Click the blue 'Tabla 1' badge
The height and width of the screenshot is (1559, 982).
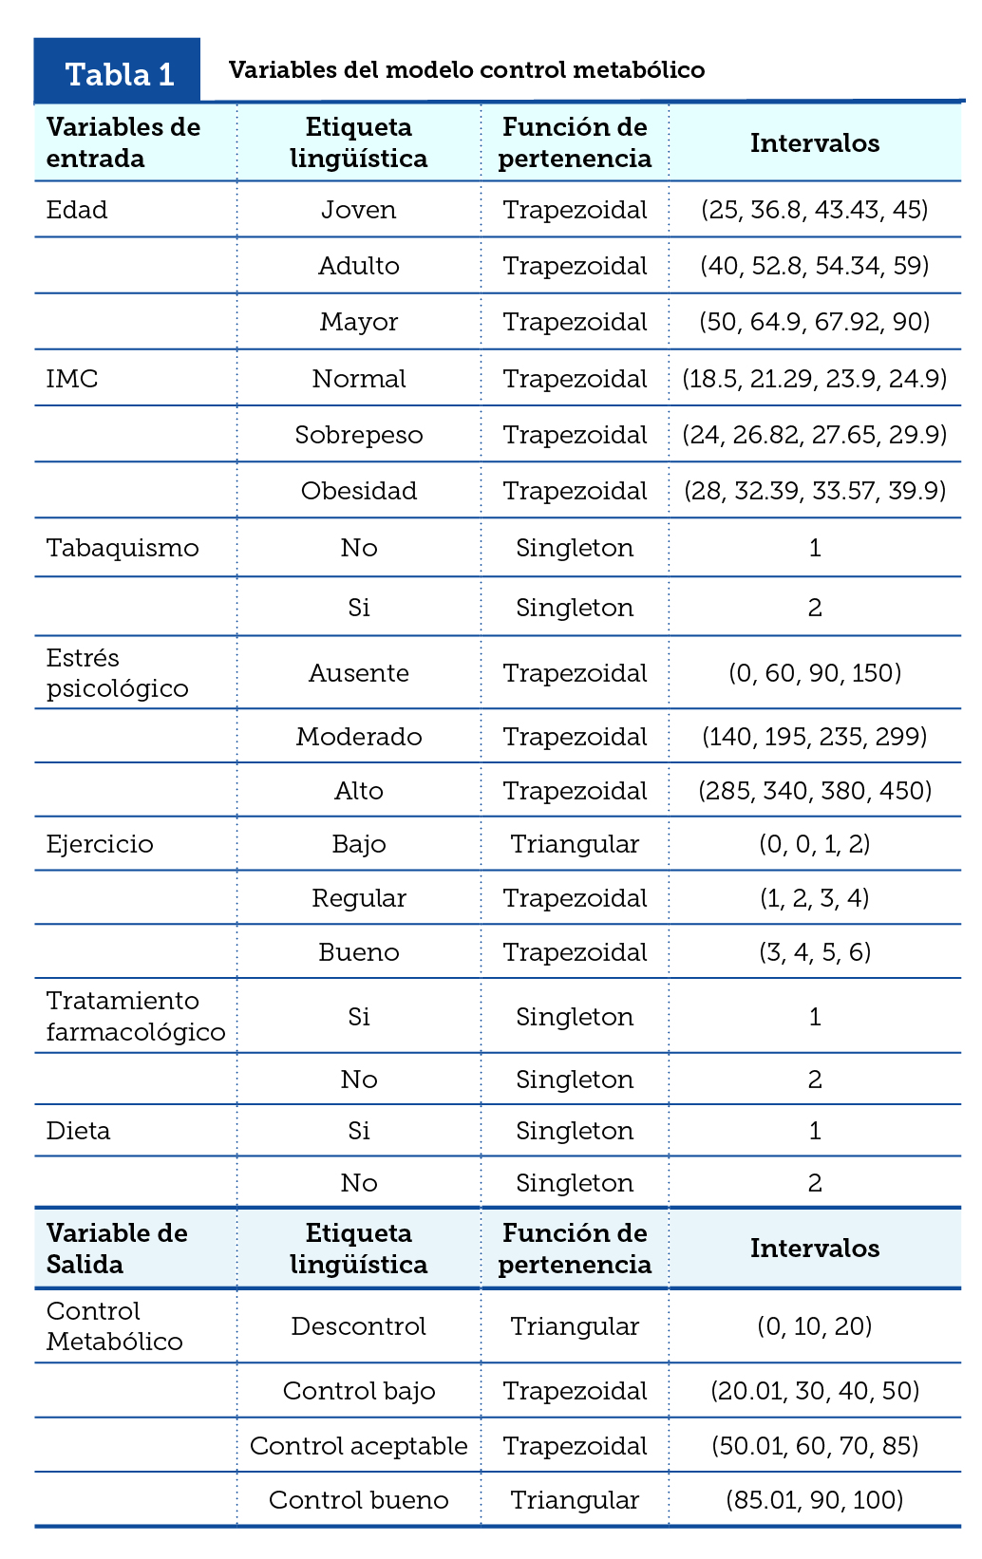coord(119,73)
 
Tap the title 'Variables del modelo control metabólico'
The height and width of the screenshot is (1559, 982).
coord(466,70)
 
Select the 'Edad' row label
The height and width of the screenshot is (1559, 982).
coord(77,210)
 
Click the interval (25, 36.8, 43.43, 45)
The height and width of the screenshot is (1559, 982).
coord(814,210)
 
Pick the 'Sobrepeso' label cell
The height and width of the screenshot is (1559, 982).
coord(358,435)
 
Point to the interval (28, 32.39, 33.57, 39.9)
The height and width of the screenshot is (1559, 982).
coord(814,491)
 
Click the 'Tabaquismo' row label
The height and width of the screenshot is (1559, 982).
coord(123,548)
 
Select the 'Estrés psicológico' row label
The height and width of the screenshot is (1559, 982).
coord(117,673)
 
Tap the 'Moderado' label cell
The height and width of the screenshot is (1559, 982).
coord(358,737)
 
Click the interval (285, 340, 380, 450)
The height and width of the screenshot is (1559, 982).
coord(814,791)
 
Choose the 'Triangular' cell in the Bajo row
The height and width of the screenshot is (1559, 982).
coord(575,844)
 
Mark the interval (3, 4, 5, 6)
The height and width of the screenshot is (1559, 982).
coord(814,952)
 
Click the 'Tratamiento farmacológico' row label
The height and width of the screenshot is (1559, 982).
coord(136,1017)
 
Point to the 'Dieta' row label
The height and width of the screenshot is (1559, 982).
coord(78,1131)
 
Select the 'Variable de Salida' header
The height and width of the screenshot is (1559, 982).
coord(117,1249)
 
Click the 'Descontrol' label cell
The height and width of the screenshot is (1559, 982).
coord(358,1326)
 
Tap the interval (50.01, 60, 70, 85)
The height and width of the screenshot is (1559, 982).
coord(814,1446)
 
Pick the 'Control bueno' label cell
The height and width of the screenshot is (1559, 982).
coord(358,1500)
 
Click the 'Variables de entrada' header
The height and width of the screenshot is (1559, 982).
coord(123,142)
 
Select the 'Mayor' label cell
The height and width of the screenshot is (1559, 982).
coord(358,322)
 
